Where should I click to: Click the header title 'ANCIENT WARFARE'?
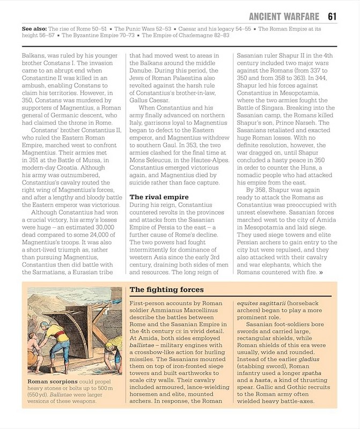(284, 16)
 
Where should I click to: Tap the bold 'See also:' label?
(34, 28)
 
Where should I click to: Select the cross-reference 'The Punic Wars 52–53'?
(146, 28)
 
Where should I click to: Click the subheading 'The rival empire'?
(159, 197)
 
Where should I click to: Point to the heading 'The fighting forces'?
(167, 290)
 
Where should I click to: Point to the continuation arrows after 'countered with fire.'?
(321, 272)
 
